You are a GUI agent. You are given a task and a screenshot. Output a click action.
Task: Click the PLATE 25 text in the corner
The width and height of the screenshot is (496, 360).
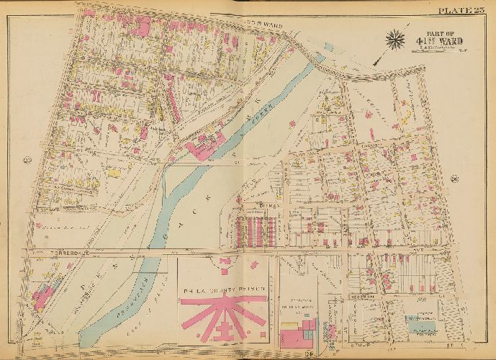pyautogui.click(x=461, y=9)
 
